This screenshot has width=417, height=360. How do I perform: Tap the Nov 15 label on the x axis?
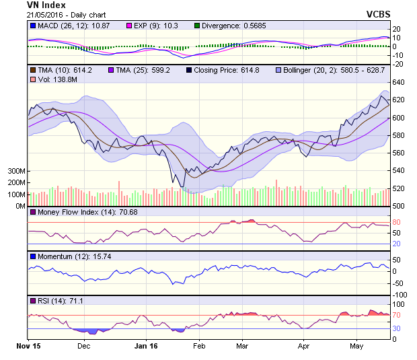[28, 347]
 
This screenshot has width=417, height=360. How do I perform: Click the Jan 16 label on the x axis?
[146, 347]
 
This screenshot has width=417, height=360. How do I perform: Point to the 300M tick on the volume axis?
[16, 172]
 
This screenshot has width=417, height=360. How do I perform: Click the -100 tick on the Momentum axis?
[400, 295]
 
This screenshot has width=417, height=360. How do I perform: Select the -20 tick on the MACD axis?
[399, 64]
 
